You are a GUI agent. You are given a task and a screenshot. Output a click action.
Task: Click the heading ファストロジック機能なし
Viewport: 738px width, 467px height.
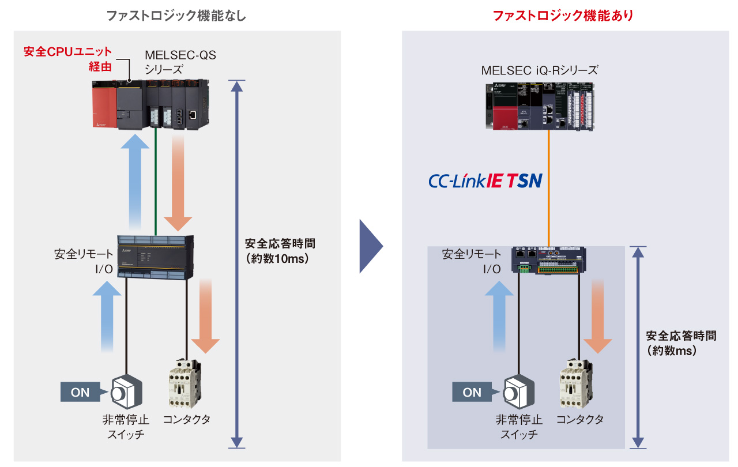[176, 16]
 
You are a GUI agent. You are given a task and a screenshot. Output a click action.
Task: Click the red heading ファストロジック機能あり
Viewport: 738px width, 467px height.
[563, 16]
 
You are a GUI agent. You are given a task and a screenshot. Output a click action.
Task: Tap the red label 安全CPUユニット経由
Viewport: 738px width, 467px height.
[67, 59]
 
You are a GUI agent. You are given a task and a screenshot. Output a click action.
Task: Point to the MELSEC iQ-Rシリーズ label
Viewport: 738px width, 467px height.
[540, 71]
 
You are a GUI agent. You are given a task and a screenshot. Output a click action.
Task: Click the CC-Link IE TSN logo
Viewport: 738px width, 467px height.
[485, 181]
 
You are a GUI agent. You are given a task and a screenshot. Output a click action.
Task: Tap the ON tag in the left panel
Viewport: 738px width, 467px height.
[81, 393]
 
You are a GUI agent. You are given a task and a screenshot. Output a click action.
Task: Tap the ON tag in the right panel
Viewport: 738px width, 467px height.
[472, 393]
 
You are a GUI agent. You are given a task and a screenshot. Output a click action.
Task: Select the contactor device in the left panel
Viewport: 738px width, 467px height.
[184, 383]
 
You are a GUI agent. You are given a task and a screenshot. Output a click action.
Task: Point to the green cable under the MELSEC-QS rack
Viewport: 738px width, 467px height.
[156, 184]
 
